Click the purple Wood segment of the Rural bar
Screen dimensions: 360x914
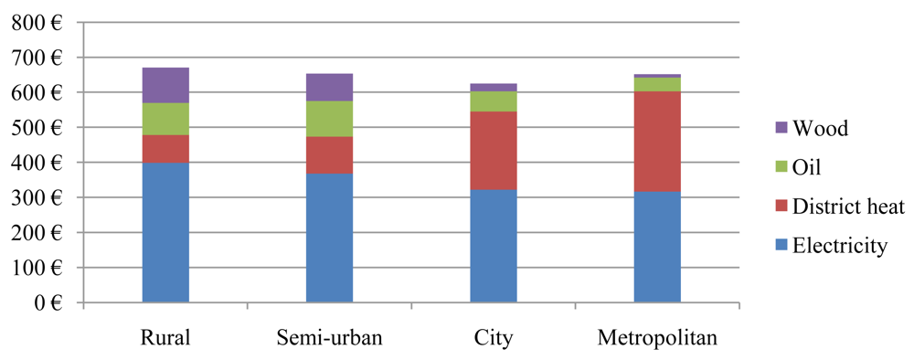[x=165, y=85]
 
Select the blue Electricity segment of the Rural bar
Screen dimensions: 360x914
[x=165, y=232]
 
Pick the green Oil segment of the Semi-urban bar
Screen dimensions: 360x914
[x=329, y=119]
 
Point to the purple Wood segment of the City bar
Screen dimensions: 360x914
[x=494, y=87]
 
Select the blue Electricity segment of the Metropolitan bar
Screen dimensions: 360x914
[x=657, y=247]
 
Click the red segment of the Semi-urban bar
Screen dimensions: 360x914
[x=329, y=155]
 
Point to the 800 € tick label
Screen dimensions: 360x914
[x=37, y=23]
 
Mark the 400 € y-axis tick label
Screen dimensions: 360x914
[x=37, y=163]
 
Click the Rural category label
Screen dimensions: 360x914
[x=165, y=339]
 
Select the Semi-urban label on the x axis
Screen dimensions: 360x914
[x=329, y=339]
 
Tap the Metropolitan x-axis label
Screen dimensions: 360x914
[x=657, y=339]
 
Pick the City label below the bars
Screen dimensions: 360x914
[x=494, y=339]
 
